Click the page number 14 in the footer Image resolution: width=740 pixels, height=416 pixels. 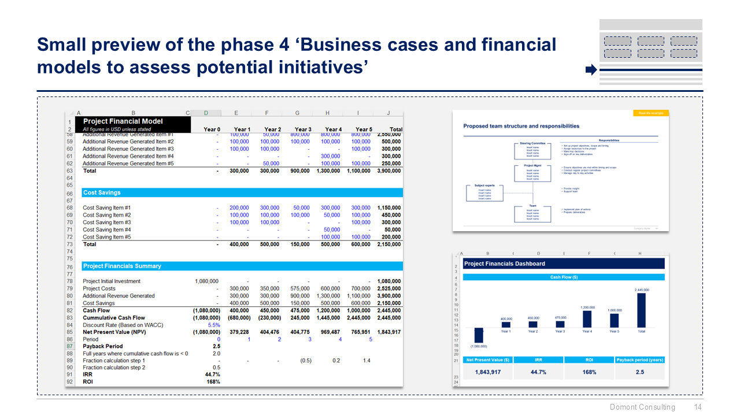pos(698,407)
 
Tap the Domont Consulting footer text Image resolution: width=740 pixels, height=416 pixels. pos(642,407)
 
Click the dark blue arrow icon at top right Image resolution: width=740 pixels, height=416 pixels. pos(591,70)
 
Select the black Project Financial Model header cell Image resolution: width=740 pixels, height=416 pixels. pos(135,121)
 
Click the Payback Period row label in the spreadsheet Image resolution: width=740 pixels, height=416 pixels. pos(102,347)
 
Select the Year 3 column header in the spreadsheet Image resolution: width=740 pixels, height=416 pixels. pos(302,129)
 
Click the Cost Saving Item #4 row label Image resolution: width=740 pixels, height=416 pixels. pos(106,229)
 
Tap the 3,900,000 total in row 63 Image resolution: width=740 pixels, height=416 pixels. pos(388,171)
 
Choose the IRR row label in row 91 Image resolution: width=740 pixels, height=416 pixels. pos(88,374)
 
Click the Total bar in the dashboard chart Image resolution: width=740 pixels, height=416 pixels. pos(642,310)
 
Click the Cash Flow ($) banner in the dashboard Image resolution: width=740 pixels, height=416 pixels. pos(564,277)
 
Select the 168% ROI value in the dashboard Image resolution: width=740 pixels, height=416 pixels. pos(589,372)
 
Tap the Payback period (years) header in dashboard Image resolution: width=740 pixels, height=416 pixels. pos(640,359)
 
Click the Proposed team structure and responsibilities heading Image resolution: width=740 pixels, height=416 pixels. pos(521,126)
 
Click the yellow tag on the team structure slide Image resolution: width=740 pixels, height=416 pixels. pos(650,113)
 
